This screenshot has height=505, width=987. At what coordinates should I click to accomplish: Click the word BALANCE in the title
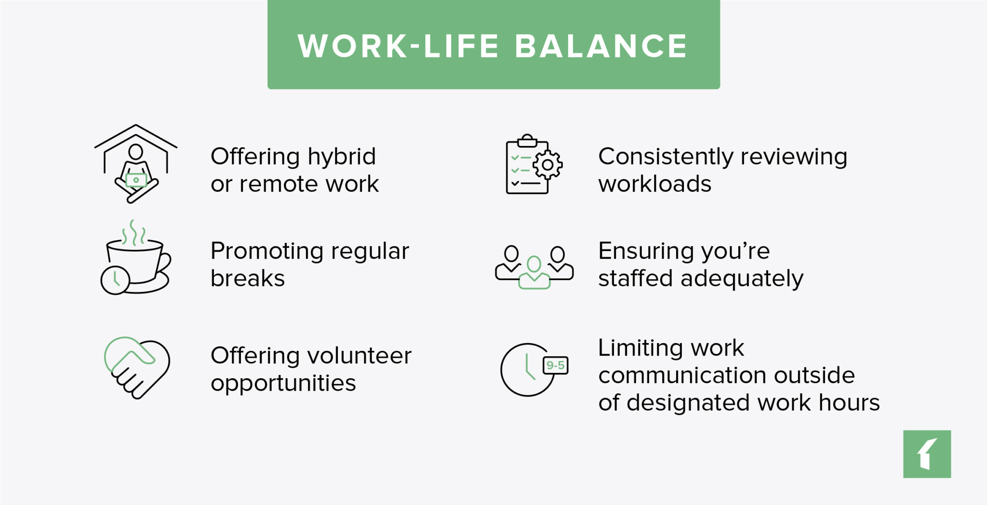[x=601, y=46]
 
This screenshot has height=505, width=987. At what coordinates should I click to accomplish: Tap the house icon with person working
[x=136, y=164]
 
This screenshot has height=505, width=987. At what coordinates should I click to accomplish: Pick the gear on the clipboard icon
[x=547, y=165]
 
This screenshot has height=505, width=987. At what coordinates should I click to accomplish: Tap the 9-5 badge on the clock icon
[x=555, y=365]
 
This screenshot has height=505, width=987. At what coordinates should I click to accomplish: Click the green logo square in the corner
[x=927, y=454]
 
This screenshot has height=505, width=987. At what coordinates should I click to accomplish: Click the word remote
[x=279, y=184]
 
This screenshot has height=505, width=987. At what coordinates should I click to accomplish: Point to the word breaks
[x=248, y=279]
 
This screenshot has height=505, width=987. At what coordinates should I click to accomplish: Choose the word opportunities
[x=283, y=384]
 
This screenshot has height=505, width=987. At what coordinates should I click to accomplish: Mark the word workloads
[x=654, y=184]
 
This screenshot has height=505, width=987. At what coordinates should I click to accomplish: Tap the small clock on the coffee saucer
[x=115, y=280]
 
